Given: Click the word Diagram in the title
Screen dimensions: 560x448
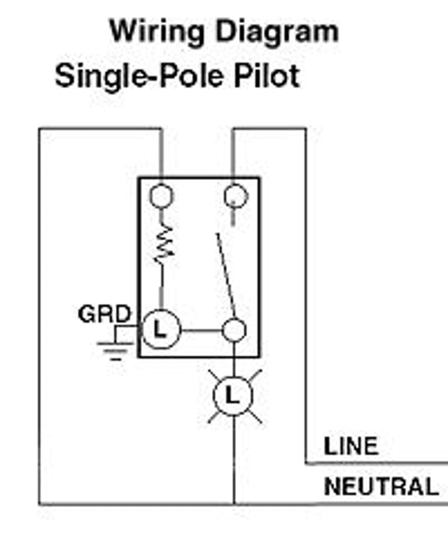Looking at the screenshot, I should (276, 31).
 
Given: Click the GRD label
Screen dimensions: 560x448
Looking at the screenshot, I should (104, 314).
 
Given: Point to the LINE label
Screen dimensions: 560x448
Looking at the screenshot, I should (351, 446).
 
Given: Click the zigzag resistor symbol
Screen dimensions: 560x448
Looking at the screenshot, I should (162, 244).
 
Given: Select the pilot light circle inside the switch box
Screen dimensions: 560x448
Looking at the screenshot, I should (162, 329).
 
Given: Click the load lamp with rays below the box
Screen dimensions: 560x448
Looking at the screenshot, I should (233, 397).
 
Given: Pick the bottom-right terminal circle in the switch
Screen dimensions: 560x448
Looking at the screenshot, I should (234, 330).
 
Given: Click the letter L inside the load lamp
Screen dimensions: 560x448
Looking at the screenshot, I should (233, 397).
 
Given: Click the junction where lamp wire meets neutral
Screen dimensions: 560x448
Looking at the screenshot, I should (233, 503).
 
